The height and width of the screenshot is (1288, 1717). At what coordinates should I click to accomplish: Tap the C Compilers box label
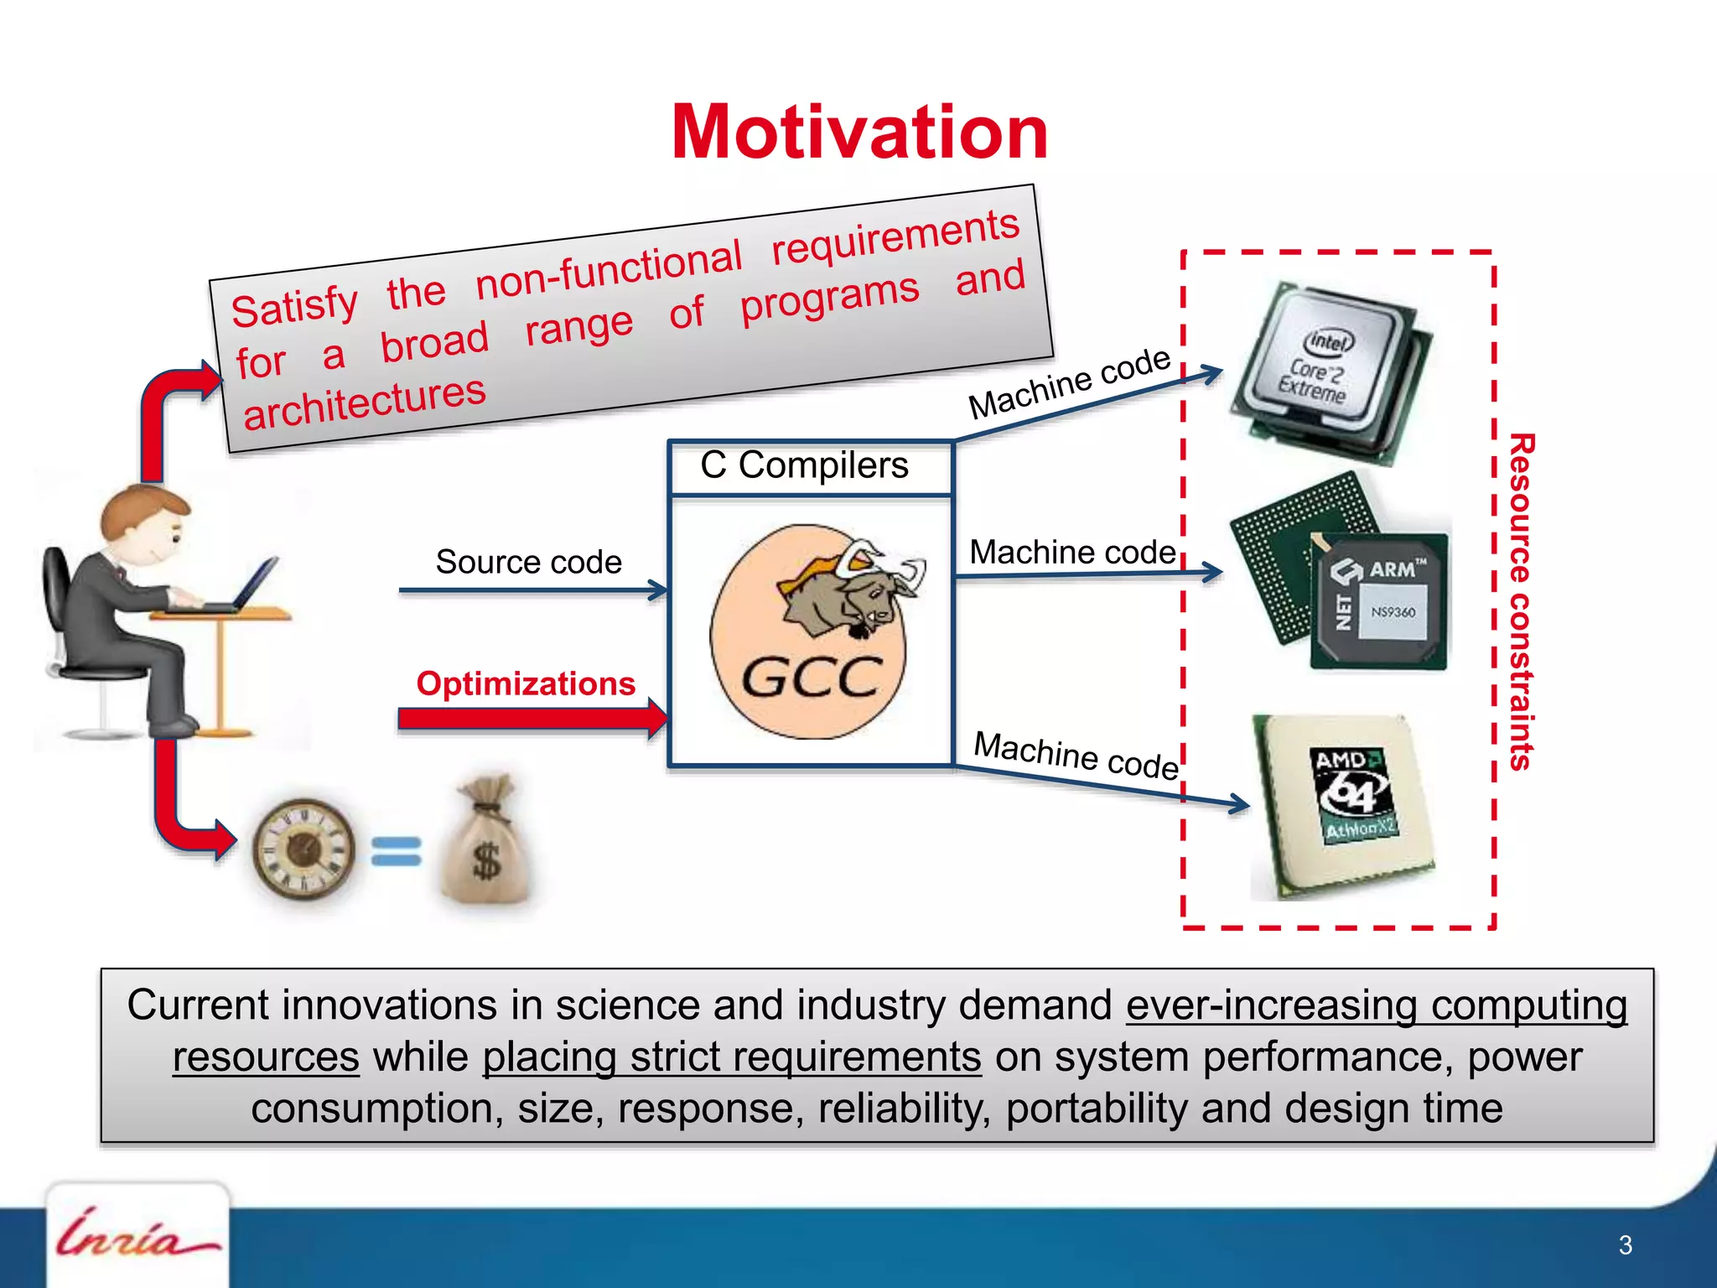coord(805,465)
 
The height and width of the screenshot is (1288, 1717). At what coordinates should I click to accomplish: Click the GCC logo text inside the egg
coord(812,678)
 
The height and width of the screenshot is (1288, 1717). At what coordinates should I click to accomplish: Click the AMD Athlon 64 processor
coord(1341,805)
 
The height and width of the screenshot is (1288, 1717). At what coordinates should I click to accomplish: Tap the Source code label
coord(528,562)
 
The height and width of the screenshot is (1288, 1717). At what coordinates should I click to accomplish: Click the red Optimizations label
coord(526,683)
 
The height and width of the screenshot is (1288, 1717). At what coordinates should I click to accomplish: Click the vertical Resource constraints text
coord(1521,601)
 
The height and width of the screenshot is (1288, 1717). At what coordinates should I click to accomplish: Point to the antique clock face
coord(303,849)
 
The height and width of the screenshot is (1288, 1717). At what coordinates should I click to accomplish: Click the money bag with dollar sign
coord(486,847)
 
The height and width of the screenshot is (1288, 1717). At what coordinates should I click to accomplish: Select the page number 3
coord(1625,1245)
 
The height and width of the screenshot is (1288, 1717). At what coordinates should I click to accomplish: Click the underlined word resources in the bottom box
coord(266,1057)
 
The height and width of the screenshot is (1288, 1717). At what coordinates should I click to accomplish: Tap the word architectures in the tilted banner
coord(365,403)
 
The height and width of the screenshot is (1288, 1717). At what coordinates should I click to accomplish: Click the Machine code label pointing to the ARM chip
coord(1072,552)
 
